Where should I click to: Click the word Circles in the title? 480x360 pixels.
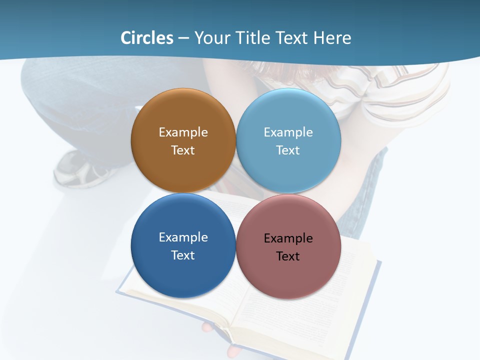click(146, 38)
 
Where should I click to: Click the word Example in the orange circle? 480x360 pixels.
click(183, 132)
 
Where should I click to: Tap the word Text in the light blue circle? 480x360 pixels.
click(288, 150)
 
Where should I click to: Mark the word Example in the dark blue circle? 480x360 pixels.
click(183, 237)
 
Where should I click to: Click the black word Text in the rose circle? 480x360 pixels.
click(288, 256)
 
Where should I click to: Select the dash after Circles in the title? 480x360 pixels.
click(183, 38)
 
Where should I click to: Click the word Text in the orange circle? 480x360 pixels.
click(183, 150)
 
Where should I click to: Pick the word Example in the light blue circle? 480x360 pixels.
click(288, 132)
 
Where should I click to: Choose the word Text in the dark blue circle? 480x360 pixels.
click(183, 255)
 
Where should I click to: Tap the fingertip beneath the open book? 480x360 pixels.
click(207, 327)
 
